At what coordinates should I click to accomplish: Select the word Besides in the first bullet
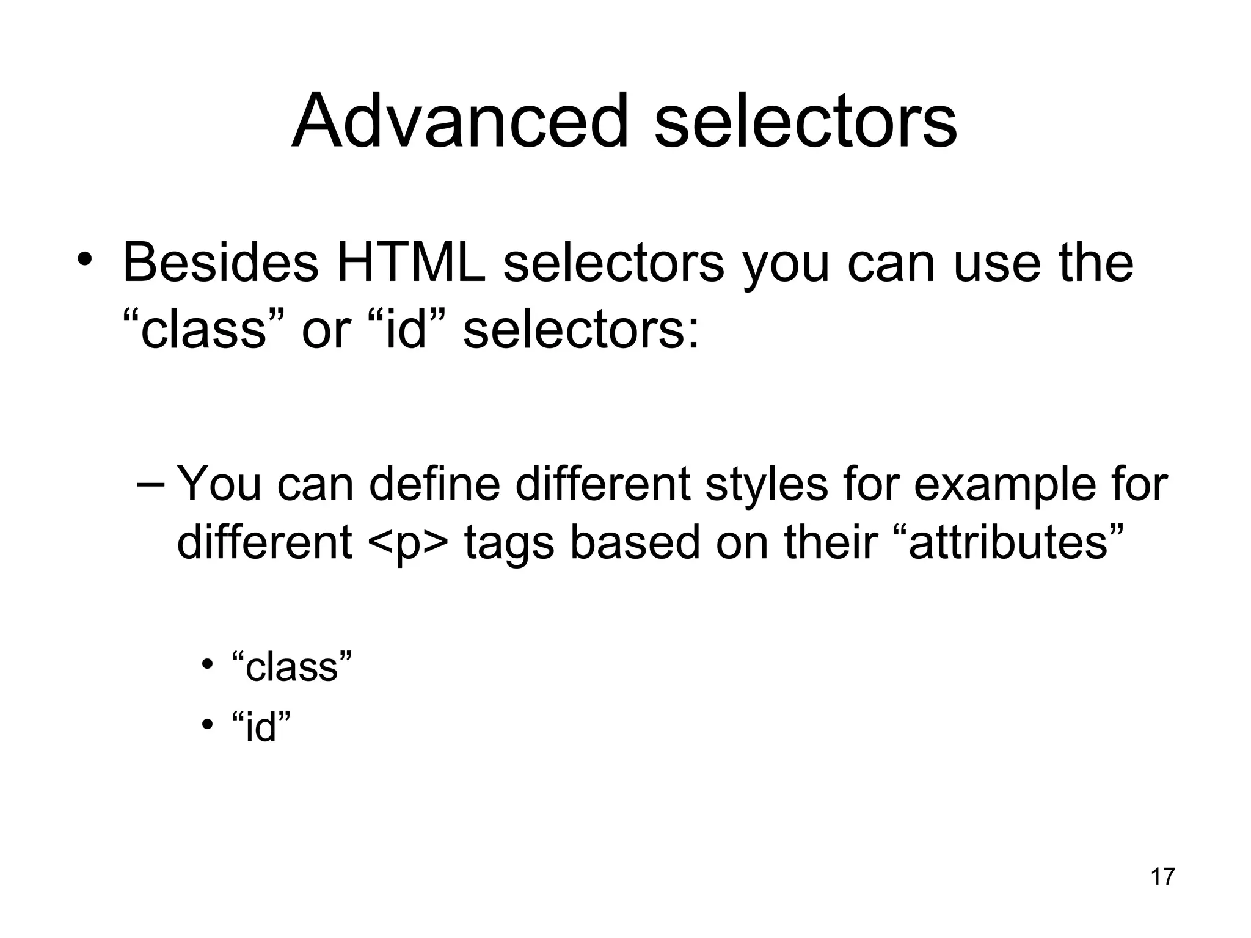click(221, 263)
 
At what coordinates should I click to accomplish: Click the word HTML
click(411, 263)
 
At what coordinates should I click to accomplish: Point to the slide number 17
click(1162, 876)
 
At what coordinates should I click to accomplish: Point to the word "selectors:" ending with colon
click(581, 330)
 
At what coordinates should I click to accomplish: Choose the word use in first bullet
click(996, 263)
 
